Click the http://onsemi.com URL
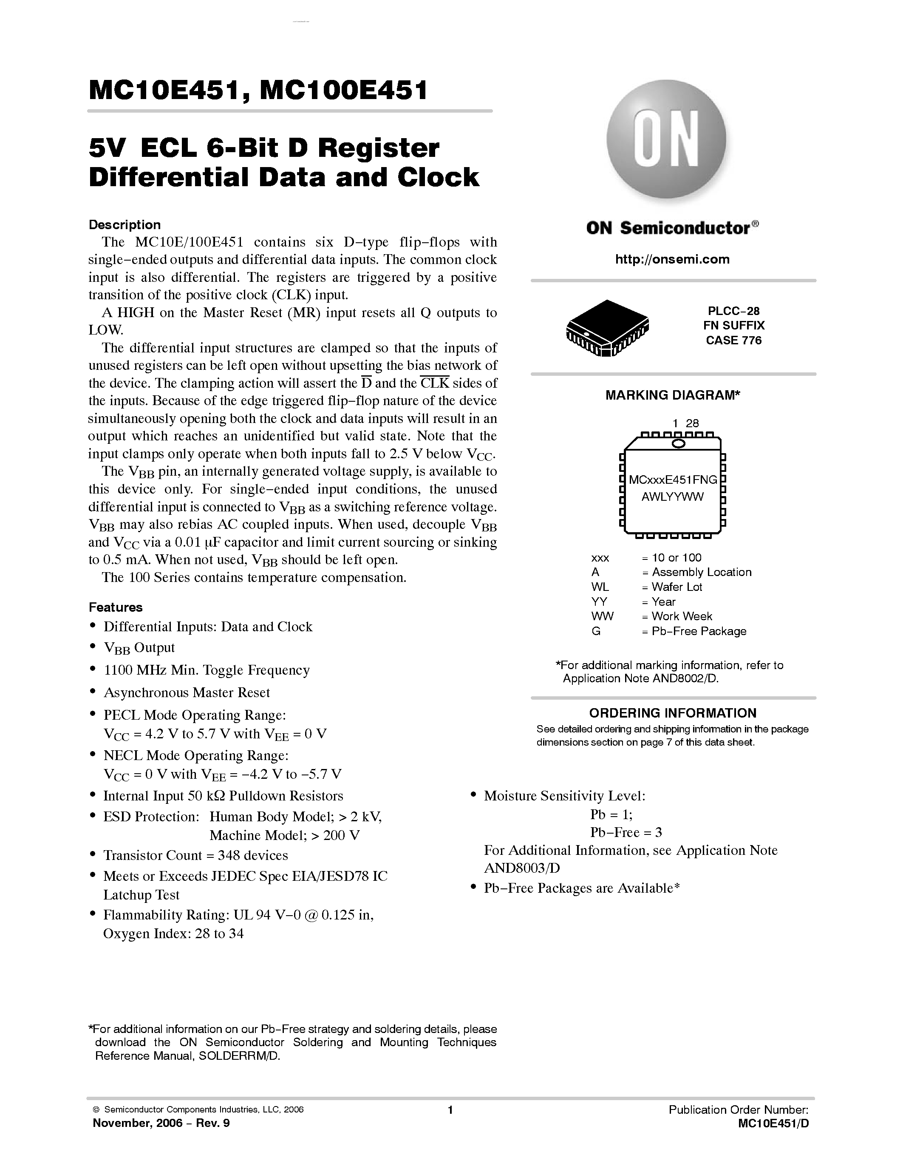coord(672,260)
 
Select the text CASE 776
coord(733,340)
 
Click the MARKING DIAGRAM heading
coord(672,395)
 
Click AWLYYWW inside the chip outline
coord(672,497)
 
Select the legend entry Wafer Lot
coord(677,587)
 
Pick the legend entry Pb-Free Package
coord(698,631)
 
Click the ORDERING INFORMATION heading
coord(672,713)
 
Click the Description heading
coord(124,225)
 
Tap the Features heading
coord(116,607)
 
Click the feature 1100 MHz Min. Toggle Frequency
coord(207,670)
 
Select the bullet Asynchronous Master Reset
coord(186,692)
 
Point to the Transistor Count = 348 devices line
coord(195,855)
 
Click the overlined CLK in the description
coord(435,383)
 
